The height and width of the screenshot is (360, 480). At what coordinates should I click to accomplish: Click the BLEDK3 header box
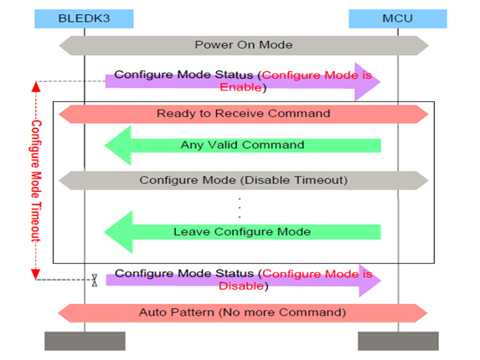pyautogui.click(x=84, y=18)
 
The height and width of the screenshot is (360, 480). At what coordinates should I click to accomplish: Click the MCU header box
pyautogui.click(x=398, y=18)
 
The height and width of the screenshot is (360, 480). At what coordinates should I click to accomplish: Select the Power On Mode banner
pyautogui.click(x=244, y=45)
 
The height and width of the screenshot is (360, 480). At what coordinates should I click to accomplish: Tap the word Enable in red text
pyautogui.click(x=240, y=87)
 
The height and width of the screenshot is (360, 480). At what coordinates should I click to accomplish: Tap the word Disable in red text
pyautogui.click(x=241, y=286)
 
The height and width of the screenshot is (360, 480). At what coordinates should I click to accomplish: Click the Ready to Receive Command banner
pyautogui.click(x=244, y=114)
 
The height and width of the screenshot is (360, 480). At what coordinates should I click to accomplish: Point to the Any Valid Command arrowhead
pyautogui.click(x=118, y=146)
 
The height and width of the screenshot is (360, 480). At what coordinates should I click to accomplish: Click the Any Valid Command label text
pyautogui.click(x=242, y=145)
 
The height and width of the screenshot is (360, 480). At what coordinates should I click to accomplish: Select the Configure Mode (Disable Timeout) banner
pyautogui.click(x=244, y=181)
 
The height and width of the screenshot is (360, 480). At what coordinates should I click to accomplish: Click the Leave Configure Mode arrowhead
pyautogui.click(x=118, y=232)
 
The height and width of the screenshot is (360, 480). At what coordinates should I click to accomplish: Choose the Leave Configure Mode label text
pyautogui.click(x=242, y=232)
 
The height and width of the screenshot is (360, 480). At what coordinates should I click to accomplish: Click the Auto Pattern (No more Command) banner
pyautogui.click(x=242, y=313)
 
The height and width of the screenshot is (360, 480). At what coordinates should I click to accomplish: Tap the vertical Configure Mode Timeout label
pyautogui.click(x=36, y=181)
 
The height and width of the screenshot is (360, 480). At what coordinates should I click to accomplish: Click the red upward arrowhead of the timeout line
pyautogui.click(x=36, y=87)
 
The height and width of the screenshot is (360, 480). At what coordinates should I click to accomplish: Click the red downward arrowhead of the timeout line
pyautogui.click(x=36, y=275)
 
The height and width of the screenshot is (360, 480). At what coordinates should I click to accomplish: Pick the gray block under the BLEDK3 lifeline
pyautogui.click(x=85, y=341)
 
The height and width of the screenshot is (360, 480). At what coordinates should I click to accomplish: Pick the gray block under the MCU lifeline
pyautogui.click(x=398, y=341)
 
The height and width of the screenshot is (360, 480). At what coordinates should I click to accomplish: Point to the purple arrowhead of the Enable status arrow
pyautogui.click(x=368, y=82)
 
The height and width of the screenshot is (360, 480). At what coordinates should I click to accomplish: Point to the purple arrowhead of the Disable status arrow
pyautogui.click(x=369, y=280)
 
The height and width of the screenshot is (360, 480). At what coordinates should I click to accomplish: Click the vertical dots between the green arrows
pyautogui.click(x=240, y=208)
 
